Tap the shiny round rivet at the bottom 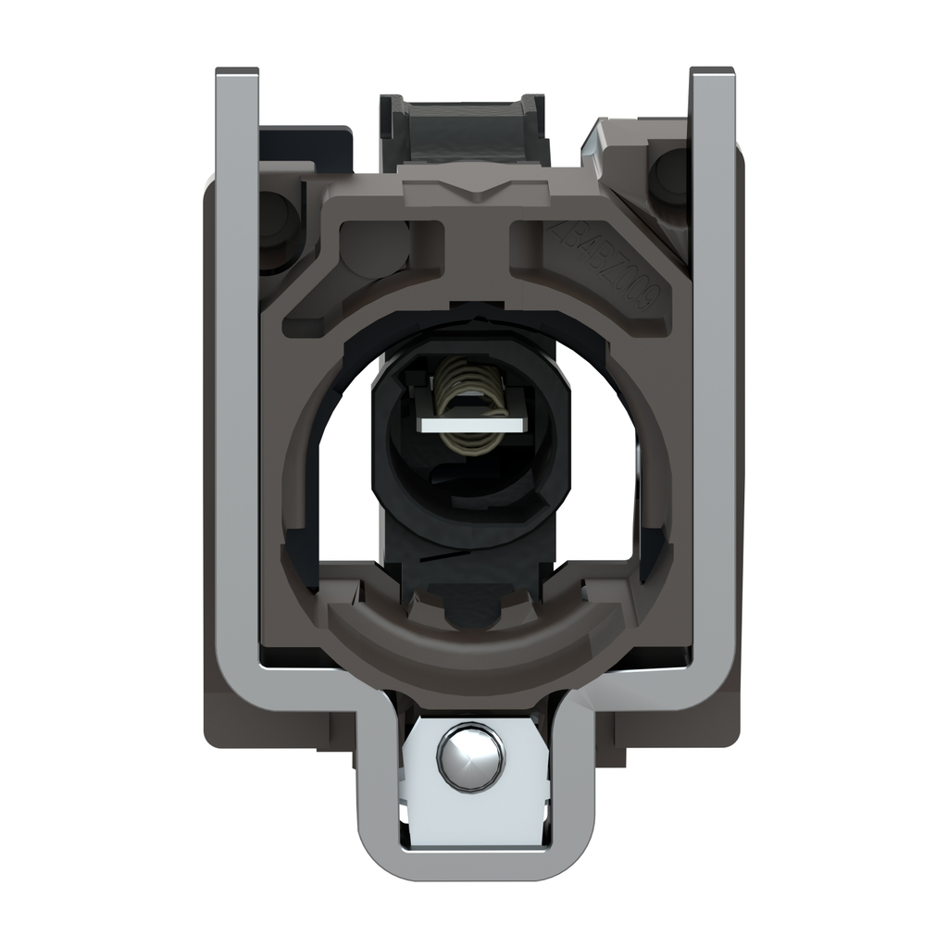[x=471, y=756]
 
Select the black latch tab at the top [x=464, y=130]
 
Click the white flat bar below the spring [x=472, y=424]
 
